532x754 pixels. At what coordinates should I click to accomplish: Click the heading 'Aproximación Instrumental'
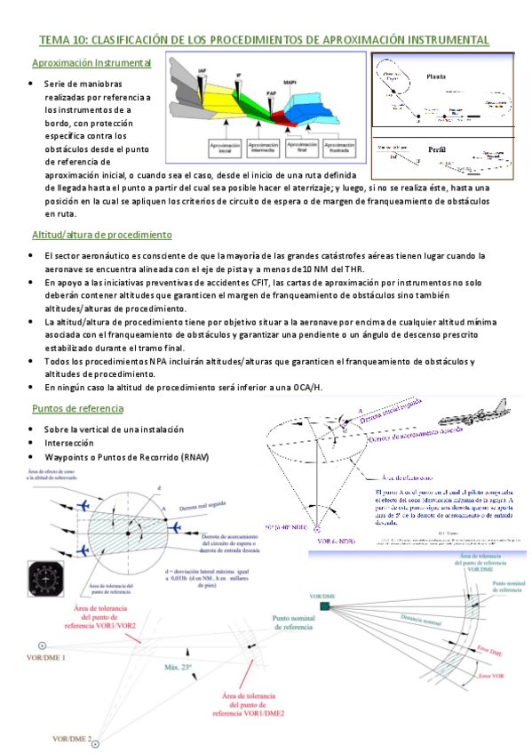coord(91,63)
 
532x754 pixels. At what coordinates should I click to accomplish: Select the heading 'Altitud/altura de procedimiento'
coord(102,236)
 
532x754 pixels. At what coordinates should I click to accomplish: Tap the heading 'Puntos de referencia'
coord(77,408)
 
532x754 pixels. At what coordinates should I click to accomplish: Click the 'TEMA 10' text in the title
coord(62,41)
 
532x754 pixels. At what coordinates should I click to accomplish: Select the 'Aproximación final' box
coord(303,147)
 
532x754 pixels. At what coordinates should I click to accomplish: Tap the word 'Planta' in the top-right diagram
coord(436,76)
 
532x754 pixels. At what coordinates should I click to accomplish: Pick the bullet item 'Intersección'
coord(72,443)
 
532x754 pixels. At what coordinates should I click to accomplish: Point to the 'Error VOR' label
coord(489,678)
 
